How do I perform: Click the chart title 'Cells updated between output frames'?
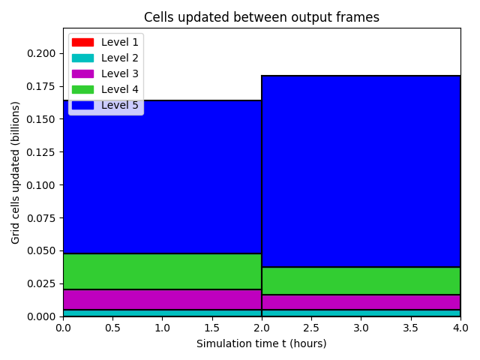(262, 17)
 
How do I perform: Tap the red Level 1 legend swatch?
(82, 42)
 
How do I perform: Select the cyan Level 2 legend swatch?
(82, 58)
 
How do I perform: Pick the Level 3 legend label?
(120, 73)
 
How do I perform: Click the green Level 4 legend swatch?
(82, 89)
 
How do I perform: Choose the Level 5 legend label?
(120, 105)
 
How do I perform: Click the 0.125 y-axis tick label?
(41, 152)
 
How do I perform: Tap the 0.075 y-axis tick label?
(41, 218)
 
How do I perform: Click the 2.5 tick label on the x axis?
(311, 328)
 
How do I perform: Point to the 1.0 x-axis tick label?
(162, 328)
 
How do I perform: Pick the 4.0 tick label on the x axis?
(460, 328)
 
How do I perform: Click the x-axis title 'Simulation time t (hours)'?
(262, 343)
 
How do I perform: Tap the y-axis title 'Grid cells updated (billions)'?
(15, 172)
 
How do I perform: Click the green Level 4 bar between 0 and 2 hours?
(163, 271)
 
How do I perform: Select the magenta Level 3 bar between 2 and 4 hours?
(361, 302)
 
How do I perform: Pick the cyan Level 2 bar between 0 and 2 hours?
(163, 313)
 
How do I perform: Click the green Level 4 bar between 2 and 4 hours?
(361, 281)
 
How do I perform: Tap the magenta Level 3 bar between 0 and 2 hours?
(163, 300)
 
